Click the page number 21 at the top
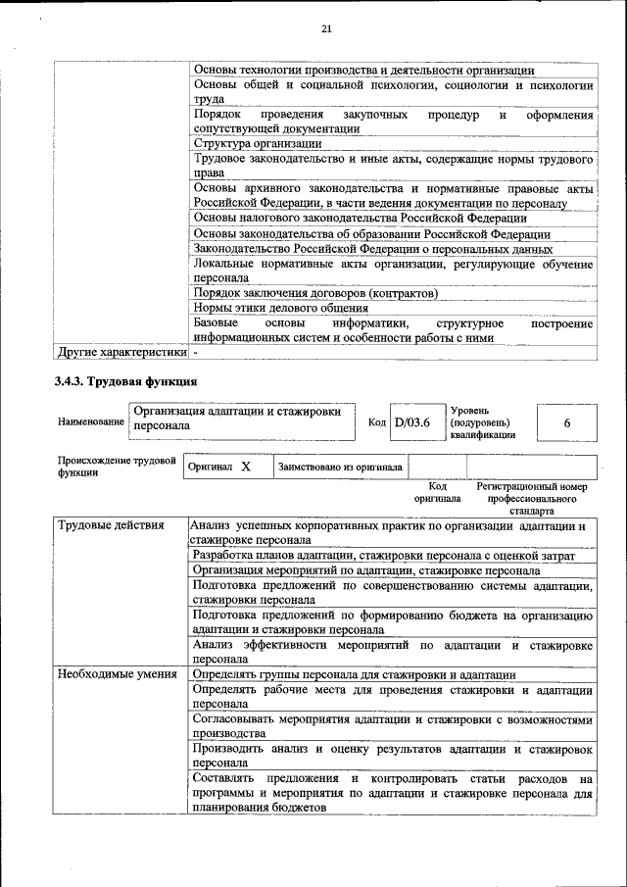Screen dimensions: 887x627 (327, 30)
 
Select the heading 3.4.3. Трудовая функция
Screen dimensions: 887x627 (127, 381)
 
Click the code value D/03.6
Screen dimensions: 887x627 (411, 421)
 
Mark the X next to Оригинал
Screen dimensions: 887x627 (246, 467)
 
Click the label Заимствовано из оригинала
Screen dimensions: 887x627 (340, 468)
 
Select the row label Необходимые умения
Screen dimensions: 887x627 (117, 674)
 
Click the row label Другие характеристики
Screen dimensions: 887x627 (121, 351)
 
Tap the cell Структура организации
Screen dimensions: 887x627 (258, 143)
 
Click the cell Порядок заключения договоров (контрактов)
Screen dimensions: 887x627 (314, 293)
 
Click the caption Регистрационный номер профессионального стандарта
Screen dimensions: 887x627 (531, 498)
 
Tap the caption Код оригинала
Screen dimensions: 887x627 (438, 492)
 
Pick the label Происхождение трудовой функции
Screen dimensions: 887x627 (116, 466)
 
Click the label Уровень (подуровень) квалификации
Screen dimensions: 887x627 (483, 422)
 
